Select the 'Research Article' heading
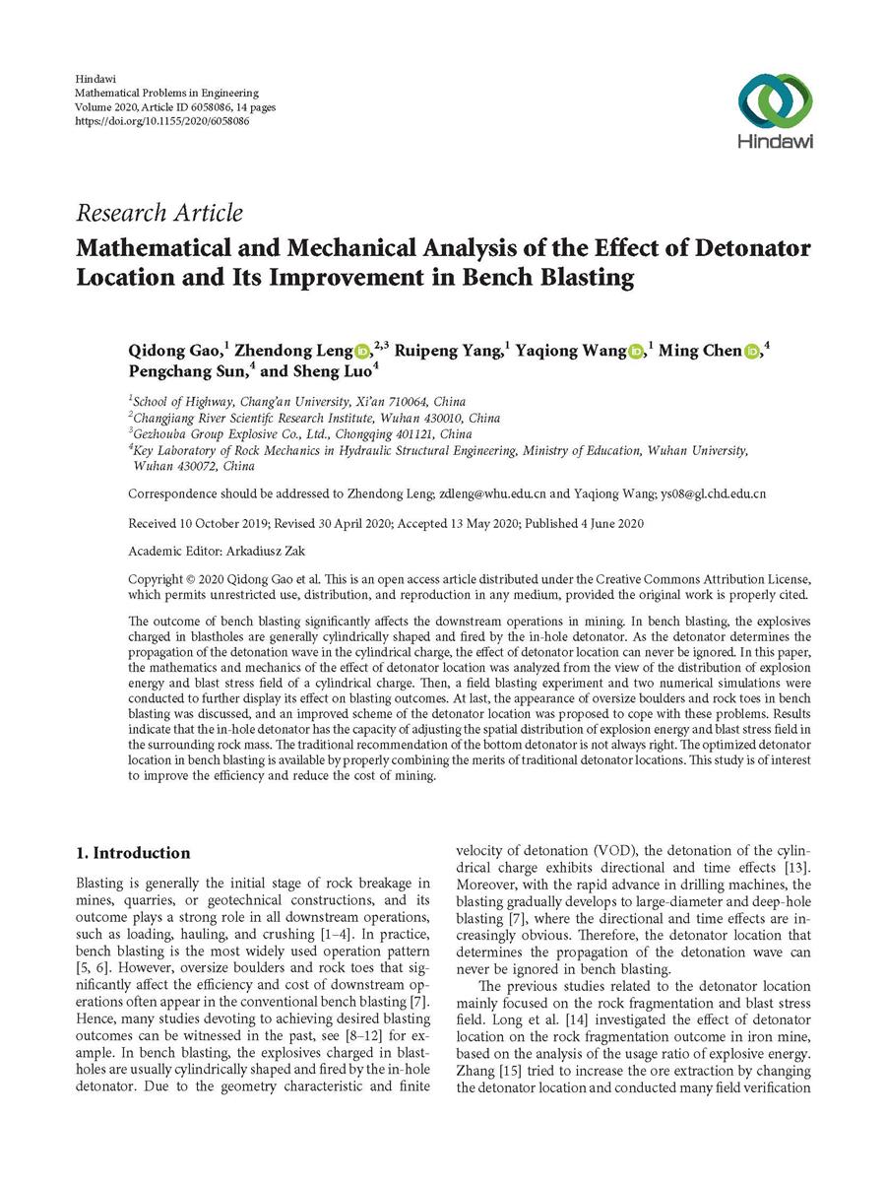[x=158, y=213]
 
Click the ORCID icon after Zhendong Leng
[x=360, y=351]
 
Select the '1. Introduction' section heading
[x=133, y=853]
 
